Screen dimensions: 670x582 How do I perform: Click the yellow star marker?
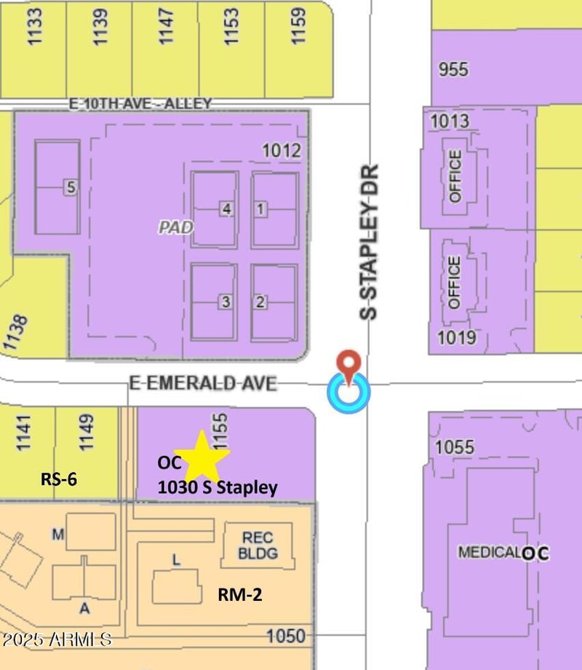[x=202, y=456]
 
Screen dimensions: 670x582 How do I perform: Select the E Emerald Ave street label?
[x=203, y=382]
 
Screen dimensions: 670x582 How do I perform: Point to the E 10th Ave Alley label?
[x=140, y=104]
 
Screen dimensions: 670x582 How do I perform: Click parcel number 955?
[x=453, y=70]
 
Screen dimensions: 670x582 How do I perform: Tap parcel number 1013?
[x=450, y=121]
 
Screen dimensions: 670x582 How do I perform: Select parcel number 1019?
[x=457, y=337]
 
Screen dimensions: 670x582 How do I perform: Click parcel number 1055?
[x=455, y=446]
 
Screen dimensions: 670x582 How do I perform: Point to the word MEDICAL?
[x=489, y=552]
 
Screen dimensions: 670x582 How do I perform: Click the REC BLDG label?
[x=258, y=545]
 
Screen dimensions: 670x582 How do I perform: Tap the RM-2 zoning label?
[x=240, y=595]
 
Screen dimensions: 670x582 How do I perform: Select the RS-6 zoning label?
[x=58, y=479]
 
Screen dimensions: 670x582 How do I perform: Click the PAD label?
[x=176, y=228]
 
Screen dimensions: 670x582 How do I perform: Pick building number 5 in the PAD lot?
[x=70, y=187]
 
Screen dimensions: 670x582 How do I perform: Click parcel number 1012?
[x=282, y=151]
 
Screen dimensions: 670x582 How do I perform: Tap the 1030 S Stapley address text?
[x=218, y=488]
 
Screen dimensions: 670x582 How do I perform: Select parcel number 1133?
[x=34, y=27]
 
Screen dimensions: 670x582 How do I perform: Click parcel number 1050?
[x=286, y=636]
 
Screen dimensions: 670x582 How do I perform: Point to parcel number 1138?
[x=17, y=334]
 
